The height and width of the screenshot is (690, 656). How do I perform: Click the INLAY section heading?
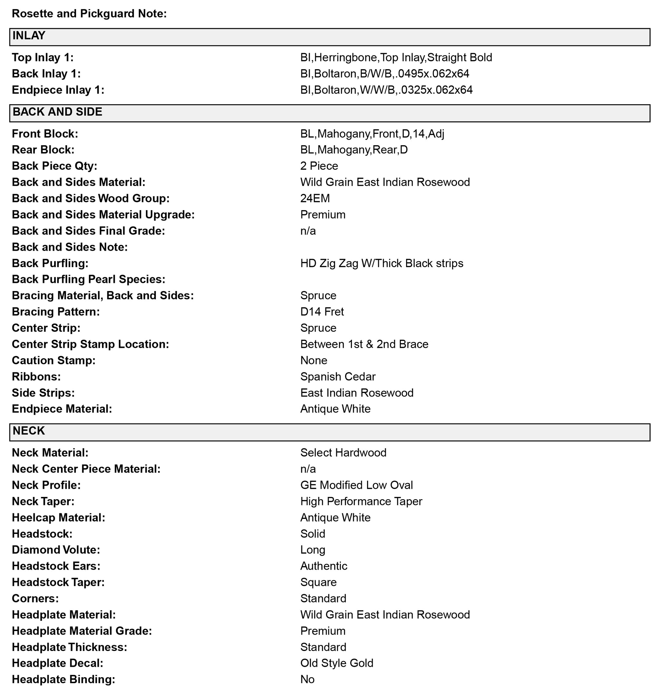tap(29, 36)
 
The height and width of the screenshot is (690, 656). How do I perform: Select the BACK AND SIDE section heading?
tap(57, 112)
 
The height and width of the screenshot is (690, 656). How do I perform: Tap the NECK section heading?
tap(29, 431)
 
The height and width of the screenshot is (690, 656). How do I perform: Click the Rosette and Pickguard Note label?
tap(89, 14)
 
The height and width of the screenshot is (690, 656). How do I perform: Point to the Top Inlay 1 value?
tap(396, 57)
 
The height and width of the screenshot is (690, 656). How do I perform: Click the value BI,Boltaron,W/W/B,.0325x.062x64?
tap(386, 90)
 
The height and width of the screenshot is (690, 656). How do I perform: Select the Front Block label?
tap(45, 134)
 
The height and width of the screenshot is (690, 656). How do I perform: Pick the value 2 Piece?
tap(319, 166)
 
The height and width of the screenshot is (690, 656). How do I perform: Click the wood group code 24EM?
tap(315, 198)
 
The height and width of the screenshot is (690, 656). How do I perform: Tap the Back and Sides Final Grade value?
tap(308, 231)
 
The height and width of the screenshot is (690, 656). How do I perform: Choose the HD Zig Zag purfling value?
tap(381, 264)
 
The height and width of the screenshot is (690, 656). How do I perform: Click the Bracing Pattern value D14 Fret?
tap(322, 312)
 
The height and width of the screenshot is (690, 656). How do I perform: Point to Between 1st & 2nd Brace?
tap(364, 344)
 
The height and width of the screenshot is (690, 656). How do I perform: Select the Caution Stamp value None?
tap(314, 361)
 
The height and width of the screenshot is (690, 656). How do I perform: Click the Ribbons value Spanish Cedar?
tap(338, 377)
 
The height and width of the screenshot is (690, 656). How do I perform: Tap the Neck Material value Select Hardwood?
tap(343, 453)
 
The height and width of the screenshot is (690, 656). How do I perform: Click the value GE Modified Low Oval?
tap(356, 485)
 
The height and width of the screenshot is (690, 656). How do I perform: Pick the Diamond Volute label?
tap(56, 550)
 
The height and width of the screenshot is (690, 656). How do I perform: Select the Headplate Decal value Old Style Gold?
tap(337, 663)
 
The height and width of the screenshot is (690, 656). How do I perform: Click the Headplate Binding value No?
tap(307, 680)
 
